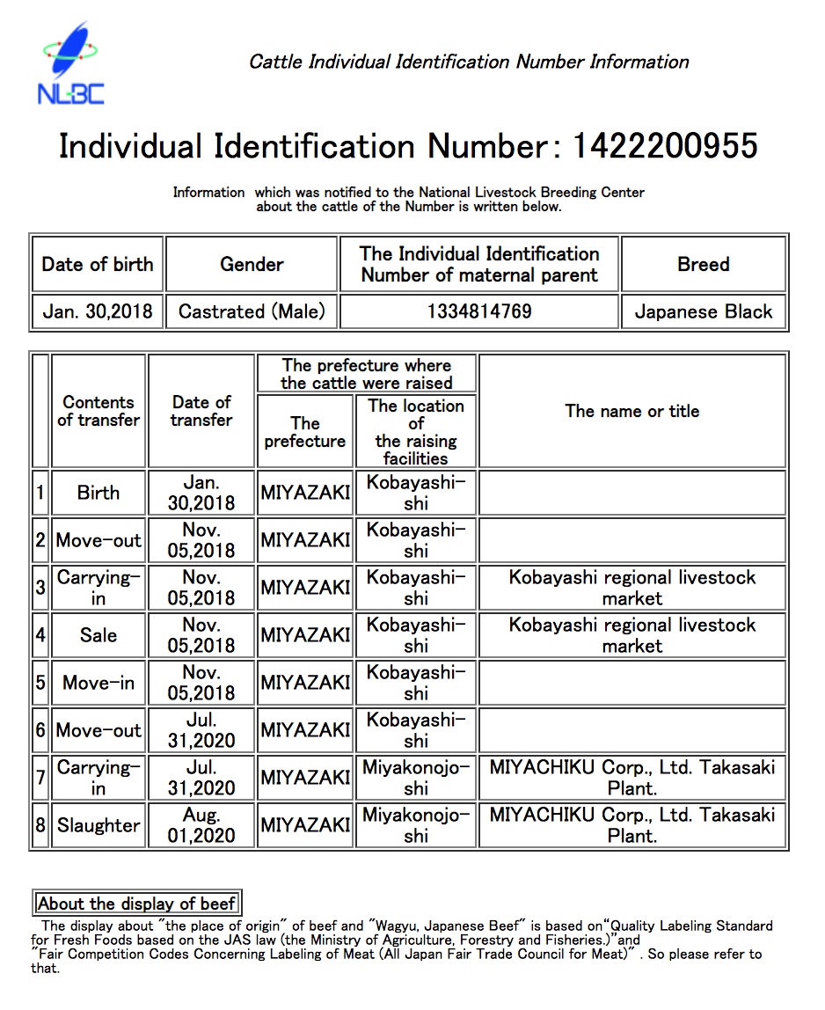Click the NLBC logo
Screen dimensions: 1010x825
[70, 63]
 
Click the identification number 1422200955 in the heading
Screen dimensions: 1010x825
[665, 146]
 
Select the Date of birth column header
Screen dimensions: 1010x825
[98, 264]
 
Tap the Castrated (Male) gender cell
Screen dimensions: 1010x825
[252, 311]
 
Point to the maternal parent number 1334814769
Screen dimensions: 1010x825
[479, 311]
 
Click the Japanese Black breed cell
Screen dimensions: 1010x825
[704, 311]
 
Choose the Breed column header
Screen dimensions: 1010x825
[704, 264]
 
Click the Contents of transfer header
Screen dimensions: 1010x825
[99, 411]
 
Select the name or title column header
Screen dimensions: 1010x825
[632, 411]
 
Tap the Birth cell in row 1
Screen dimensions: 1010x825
[99, 493]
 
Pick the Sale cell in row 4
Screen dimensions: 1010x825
[99, 635]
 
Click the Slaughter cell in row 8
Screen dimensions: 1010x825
[99, 825]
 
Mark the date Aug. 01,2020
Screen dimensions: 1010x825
[201, 825]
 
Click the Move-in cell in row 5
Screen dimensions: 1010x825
[99, 683]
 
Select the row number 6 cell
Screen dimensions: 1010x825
[40, 730]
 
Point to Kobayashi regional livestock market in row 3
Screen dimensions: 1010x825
[632, 588]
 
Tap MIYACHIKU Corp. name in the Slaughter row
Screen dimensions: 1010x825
[632, 825]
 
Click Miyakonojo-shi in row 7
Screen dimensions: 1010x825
[416, 778]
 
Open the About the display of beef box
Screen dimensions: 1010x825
[136, 904]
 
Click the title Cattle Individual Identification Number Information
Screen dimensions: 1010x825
[469, 62]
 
